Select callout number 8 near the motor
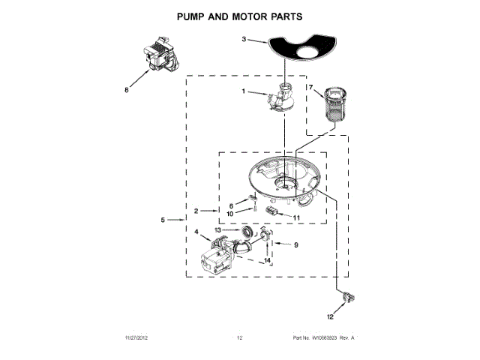127,91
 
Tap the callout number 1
243,91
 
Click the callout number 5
162,220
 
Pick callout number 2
195,211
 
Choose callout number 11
296,218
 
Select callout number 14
265,260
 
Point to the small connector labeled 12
346,300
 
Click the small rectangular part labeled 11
271,212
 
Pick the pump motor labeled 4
217,259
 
